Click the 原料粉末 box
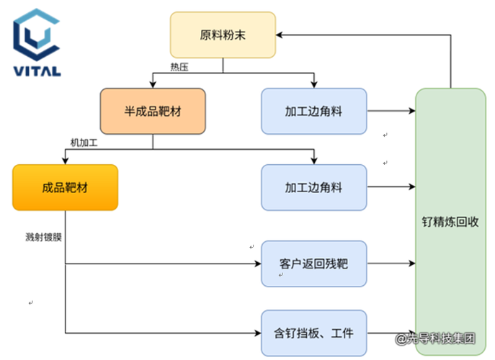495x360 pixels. pyautogui.click(x=222, y=35)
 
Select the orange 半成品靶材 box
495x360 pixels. pyautogui.click(x=153, y=111)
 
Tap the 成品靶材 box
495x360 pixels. pyautogui.click(x=65, y=187)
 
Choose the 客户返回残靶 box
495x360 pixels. pyautogui.click(x=313, y=264)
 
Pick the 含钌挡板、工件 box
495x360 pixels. pyautogui.click(x=313, y=333)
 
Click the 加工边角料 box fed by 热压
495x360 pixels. pyautogui.click(x=313, y=111)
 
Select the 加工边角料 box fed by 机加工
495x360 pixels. pyautogui.click(x=313, y=187)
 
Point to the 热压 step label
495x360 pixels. pyautogui.click(x=179, y=67)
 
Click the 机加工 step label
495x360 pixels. pyautogui.click(x=84, y=143)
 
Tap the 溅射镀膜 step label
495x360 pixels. pyautogui.click(x=43, y=236)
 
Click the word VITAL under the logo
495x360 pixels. pyautogui.click(x=37, y=71)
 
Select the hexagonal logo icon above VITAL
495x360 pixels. pyautogui.click(x=36, y=34)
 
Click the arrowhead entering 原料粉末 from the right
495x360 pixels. pyautogui.click(x=280, y=35)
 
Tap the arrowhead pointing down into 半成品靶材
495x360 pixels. pyautogui.click(x=153, y=84)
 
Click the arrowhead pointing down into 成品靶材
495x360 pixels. pyautogui.click(x=65, y=161)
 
